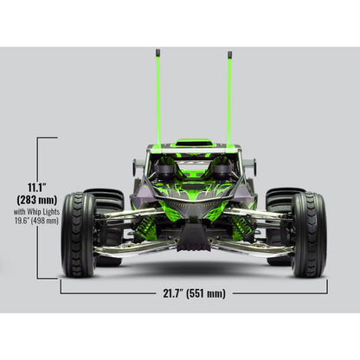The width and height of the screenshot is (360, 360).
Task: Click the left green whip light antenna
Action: pyautogui.click(x=158, y=95)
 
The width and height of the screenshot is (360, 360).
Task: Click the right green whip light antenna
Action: pyautogui.click(x=229, y=95)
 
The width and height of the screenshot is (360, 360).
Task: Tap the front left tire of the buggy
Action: pyautogui.click(x=78, y=234)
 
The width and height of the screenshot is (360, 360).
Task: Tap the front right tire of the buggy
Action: pyautogui.click(x=309, y=234)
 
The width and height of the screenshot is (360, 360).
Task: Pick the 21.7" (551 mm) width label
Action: pyautogui.click(x=193, y=294)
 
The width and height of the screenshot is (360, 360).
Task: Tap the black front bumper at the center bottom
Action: pyautogui.click(x=193, y=241)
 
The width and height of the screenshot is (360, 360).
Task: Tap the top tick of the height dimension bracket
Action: pyautogui.click(x=47, y=138)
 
